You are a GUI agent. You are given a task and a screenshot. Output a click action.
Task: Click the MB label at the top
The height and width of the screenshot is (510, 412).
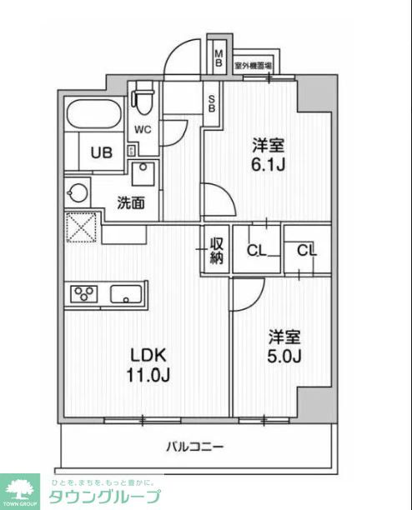(218, 59)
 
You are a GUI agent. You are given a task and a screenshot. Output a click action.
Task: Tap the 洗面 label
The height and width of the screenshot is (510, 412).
(130, 202)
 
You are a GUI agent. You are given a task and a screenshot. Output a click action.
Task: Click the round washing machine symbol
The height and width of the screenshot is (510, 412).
(78, 192)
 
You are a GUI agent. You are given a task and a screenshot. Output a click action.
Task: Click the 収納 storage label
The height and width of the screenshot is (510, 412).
(217, 250)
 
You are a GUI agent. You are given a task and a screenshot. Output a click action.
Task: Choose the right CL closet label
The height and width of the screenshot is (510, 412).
(307, 249)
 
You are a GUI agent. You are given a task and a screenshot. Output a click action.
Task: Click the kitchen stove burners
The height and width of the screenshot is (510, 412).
(84, 293)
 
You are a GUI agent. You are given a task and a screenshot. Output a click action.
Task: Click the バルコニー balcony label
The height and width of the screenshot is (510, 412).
(193, 447)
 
